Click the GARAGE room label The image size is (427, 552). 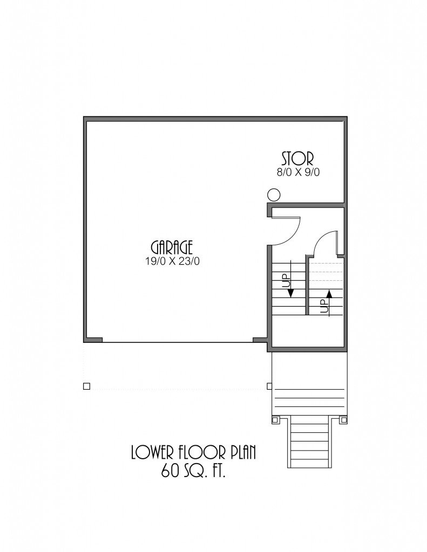click(172, 247)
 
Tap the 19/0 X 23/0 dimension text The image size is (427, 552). click(172, 261)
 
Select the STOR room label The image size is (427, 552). click(297, 159)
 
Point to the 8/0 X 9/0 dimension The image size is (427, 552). click(298, 172)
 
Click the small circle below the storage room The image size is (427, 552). click(274, 194)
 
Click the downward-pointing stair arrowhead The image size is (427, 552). click(292, 293)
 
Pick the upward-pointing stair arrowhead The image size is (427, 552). click(329, 294)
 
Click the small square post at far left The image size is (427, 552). click(86, 386)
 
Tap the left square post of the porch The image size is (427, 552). click(275, 419)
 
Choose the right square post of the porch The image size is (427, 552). click(343, 419)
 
